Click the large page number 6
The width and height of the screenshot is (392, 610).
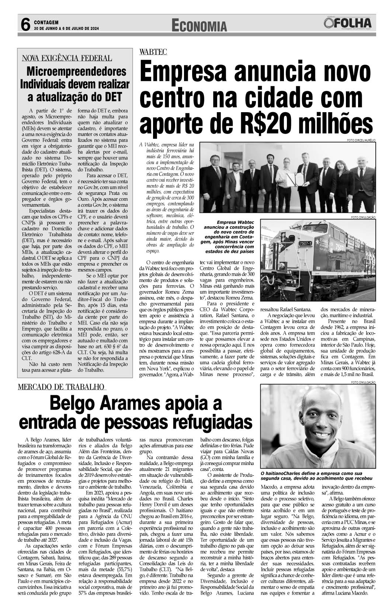(x=25, y=25)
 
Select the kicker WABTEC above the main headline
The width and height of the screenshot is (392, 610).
(x=153, y=52)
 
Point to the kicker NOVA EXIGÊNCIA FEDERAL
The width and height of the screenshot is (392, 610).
(x=67, y=58)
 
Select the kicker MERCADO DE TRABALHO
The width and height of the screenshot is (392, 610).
(x=62, y=387)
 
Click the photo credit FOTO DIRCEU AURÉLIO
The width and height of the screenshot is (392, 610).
(x=361, y=140)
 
